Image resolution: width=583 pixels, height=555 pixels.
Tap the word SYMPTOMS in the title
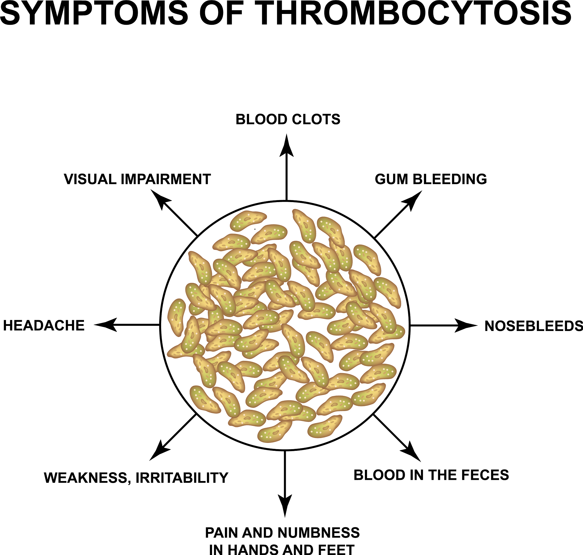94,13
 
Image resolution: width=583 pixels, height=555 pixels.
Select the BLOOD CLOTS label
288,120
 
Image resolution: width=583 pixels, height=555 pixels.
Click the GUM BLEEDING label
431,179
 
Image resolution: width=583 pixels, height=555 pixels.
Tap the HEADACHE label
44,326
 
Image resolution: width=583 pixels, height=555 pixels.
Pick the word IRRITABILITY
182,478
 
